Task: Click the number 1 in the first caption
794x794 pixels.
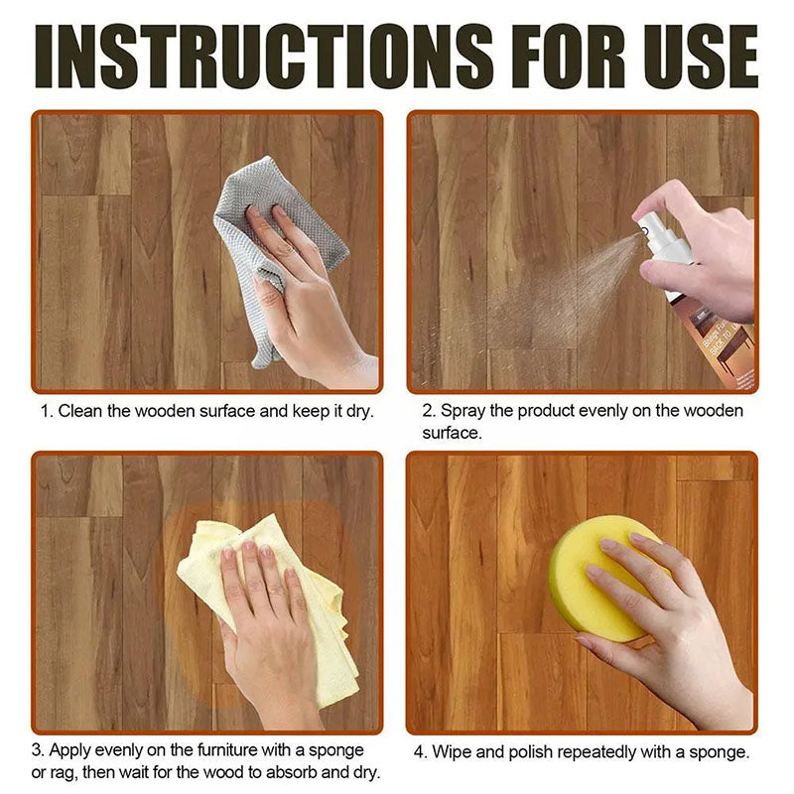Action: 45,411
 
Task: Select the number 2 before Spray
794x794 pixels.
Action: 428,411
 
